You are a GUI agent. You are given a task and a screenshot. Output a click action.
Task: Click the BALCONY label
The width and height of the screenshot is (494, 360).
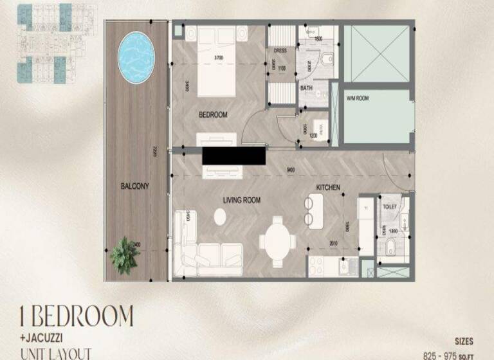click(x=134, y=186)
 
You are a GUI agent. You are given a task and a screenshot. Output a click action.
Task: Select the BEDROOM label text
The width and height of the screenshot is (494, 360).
click(x=214, y=115)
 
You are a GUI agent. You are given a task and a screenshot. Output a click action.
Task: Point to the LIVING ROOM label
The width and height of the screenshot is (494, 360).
click(x=242, y=201)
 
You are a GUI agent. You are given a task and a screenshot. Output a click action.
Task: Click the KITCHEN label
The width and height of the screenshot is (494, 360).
click(x=328, y=188)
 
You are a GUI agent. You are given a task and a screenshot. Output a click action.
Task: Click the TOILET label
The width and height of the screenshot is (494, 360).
click(x=389, y=207)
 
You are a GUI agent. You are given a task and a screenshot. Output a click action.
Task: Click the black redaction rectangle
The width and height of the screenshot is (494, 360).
click(x=233, y=156)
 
